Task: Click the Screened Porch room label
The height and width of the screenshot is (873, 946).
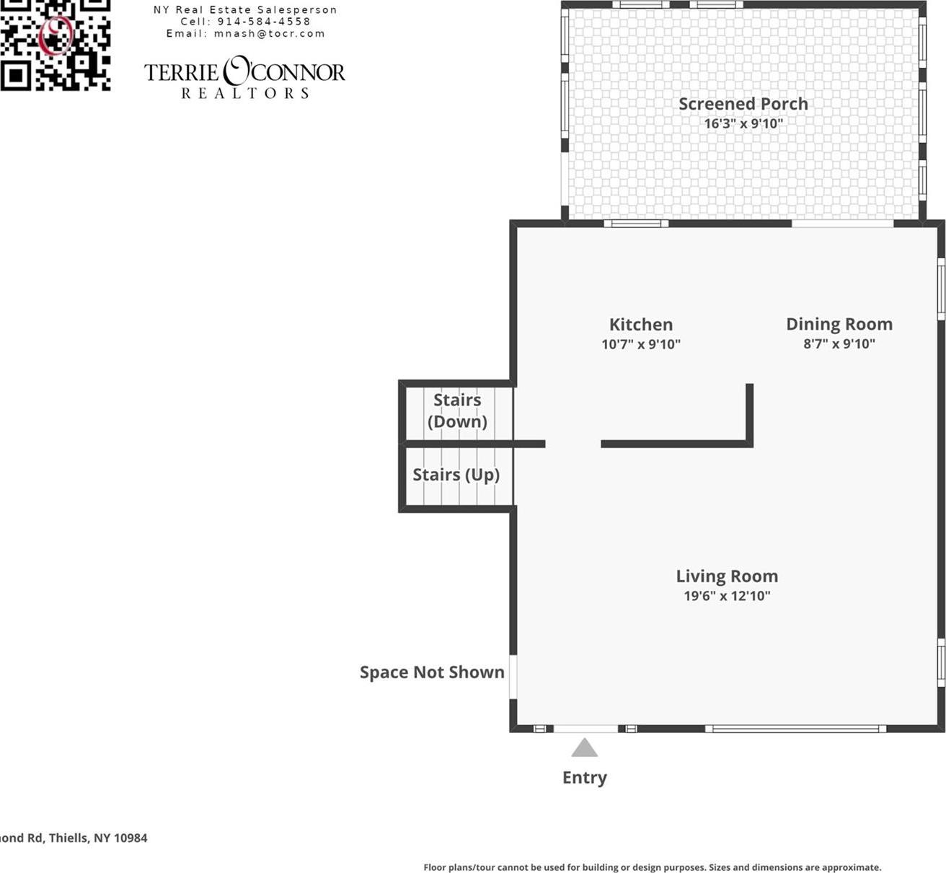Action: click(743, 104)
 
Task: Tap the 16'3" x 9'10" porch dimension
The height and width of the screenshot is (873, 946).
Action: click(743, 123)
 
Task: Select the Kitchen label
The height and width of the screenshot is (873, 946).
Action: click(640, 325)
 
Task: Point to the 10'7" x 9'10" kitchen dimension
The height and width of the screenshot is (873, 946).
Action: click(640, 344)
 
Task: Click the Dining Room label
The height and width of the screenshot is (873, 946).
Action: click(839, 324)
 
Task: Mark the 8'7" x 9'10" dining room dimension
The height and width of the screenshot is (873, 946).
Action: click(839, 343)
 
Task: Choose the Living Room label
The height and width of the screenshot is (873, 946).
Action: click(726, 576)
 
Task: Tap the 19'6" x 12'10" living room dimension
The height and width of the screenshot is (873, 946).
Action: click(726, 596)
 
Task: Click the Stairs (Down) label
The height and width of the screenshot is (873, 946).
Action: click(457, 411)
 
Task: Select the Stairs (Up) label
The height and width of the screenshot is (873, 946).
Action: click(456, 475)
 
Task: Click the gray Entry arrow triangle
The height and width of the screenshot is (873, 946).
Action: click(584, 748)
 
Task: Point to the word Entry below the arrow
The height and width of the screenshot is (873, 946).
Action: click(584, 777)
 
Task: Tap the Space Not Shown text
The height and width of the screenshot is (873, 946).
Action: click(431, 672)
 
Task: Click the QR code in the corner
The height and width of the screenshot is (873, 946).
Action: click(55, 45)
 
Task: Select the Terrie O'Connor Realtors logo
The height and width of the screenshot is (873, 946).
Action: click(244, 77)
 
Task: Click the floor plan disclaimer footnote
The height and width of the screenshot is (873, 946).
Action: click(652, 867)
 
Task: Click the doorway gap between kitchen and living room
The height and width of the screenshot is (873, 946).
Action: click(573, 444)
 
